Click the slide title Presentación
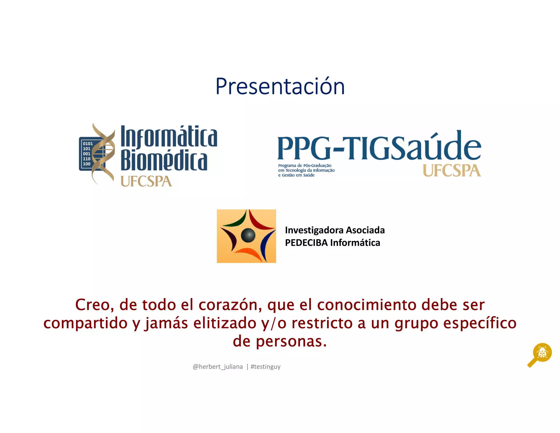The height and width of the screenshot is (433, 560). (x=280, y=86)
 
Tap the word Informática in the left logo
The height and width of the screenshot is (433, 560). (x=169, y=137)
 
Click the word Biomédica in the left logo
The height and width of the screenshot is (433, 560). (x=164, y=161)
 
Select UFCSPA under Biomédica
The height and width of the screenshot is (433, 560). (x=146, y=181)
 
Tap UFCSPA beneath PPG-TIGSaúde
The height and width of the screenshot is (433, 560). (x=452, y=171)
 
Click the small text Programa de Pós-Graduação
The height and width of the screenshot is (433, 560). (x=305, y=166)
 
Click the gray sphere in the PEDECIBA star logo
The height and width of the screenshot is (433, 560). (x=248, y=235)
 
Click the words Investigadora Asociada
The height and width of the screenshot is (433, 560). (x=335, y=230)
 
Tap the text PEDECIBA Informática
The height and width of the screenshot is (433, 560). (x=332, y=243)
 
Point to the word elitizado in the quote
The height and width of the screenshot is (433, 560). (x=225, y=323)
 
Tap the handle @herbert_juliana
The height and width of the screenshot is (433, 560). (x=218, y=367)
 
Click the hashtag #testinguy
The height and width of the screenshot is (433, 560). (x=266, y=367)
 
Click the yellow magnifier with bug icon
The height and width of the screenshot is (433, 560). (x=541, y=353)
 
